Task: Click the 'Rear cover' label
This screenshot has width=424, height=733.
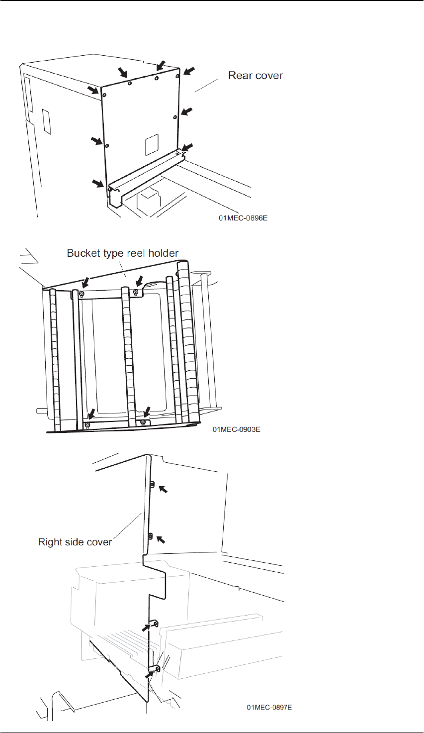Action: point(255,76)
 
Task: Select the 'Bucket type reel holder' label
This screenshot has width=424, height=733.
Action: point(122,253)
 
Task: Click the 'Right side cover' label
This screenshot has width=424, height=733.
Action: point(75,542)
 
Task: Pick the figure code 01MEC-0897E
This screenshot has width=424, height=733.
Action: point(269,707)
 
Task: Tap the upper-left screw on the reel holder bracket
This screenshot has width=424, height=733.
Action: point(82,294)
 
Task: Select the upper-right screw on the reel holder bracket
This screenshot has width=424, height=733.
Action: point(135,292)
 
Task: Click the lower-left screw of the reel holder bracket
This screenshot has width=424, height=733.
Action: point(87,424)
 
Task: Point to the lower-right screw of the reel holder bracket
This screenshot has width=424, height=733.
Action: point(143,422)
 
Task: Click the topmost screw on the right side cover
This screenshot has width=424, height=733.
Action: point(153,484)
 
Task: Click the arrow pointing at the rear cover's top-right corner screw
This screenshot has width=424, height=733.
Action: point(189,71)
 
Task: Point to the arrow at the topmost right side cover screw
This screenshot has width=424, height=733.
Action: point(163,490)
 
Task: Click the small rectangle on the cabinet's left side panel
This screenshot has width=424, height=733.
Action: point(46,122)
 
